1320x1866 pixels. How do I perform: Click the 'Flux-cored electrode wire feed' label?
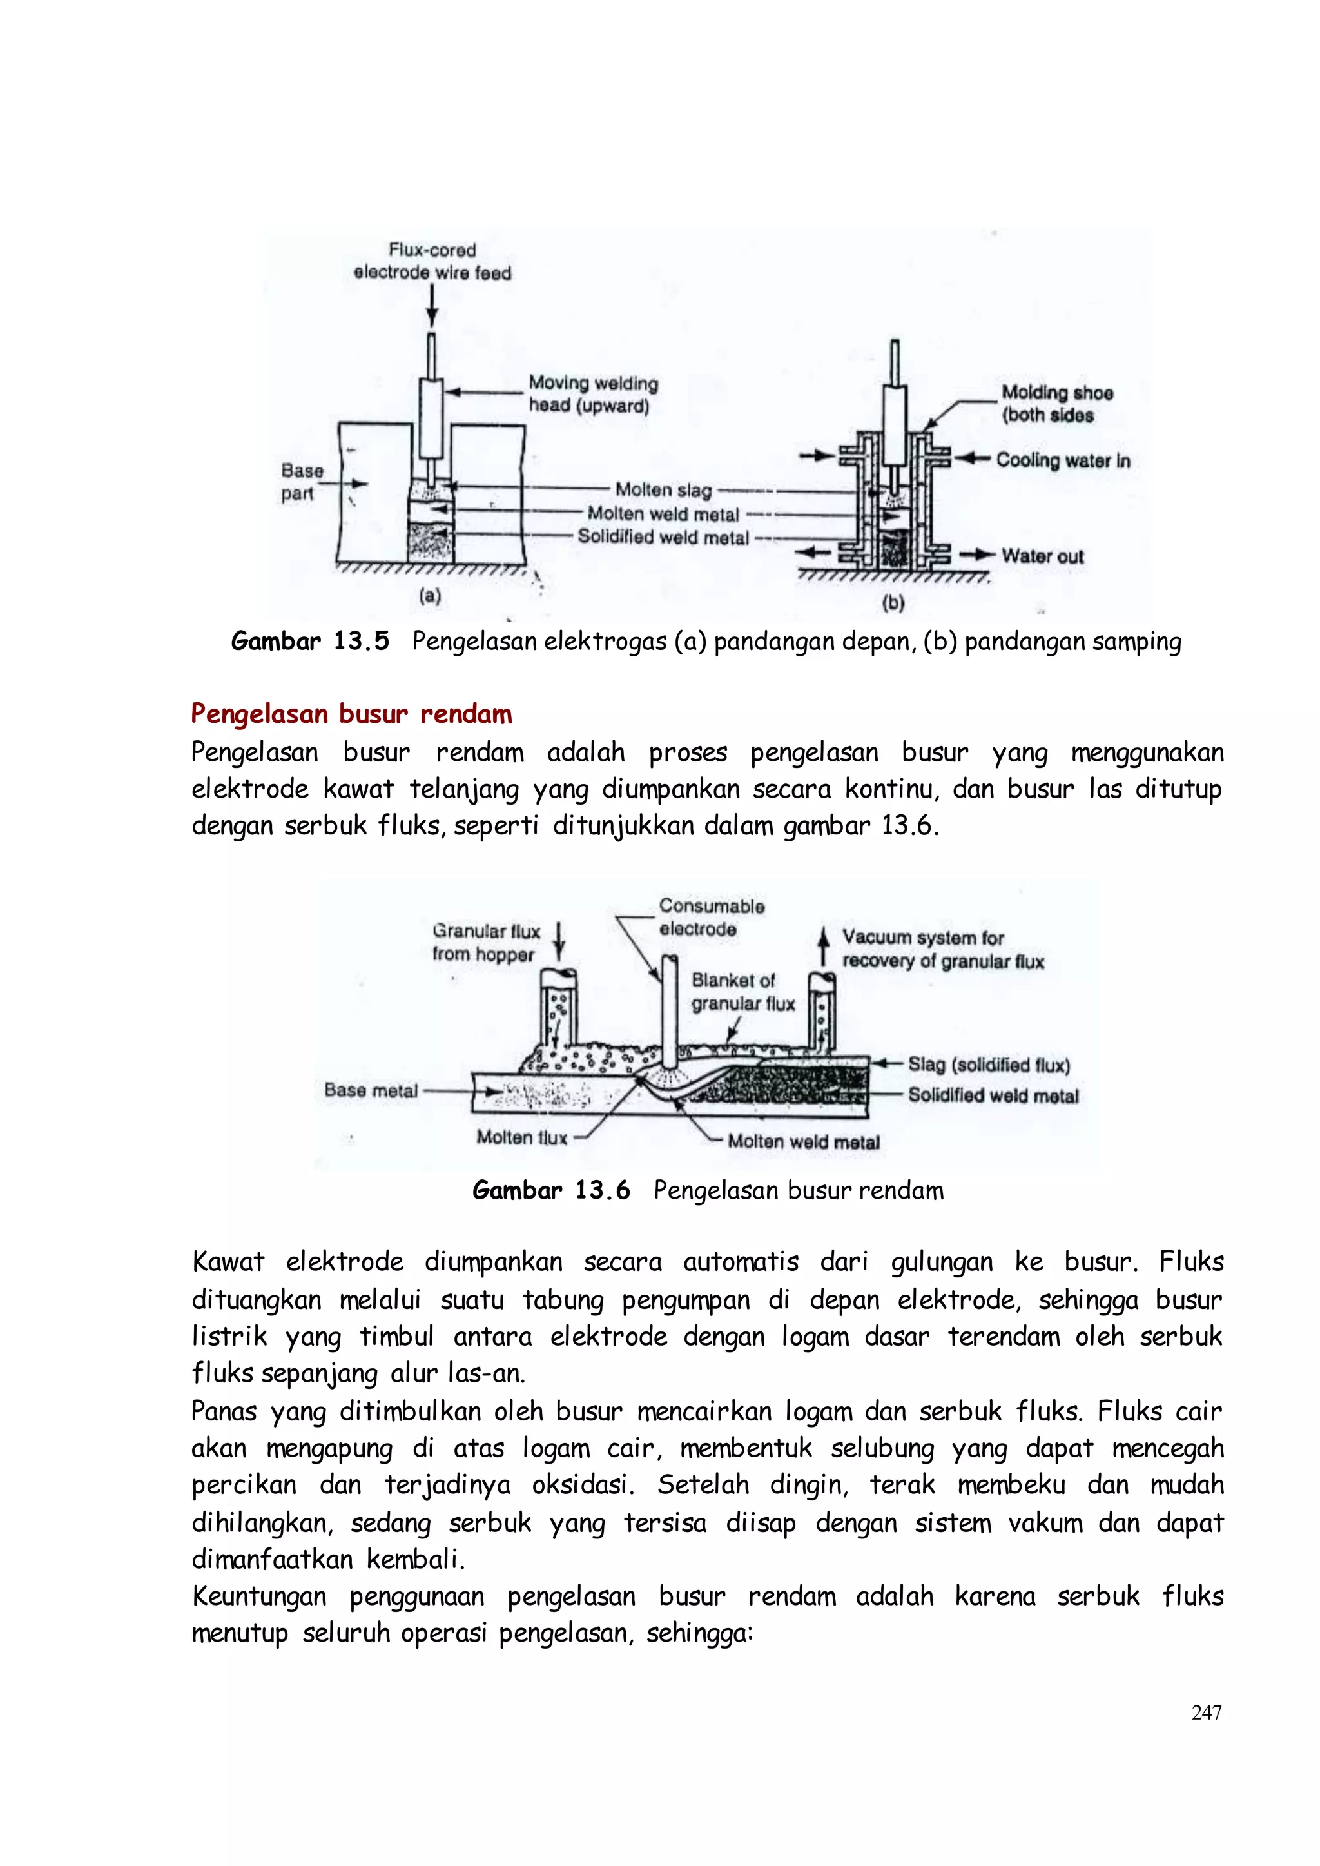432,261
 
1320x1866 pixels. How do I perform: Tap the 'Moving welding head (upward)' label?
592,395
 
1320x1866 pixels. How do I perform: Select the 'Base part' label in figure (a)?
302,482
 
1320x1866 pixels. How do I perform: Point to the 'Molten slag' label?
663,490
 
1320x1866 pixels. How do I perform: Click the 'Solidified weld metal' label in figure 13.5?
663,538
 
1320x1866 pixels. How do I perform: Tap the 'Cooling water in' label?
1062,460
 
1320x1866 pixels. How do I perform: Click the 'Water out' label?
1043,556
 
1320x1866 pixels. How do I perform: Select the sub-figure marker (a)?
430,596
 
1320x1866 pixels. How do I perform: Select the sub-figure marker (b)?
893,602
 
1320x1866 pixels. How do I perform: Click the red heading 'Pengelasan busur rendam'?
351,714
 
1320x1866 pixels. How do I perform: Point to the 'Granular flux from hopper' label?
485,943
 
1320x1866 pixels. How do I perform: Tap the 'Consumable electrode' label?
711,917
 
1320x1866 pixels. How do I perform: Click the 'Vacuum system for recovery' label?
942,950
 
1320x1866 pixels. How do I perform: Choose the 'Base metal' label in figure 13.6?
371,1090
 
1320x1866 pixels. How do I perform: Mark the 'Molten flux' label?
521,1137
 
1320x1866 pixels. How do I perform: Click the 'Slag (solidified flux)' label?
988,1065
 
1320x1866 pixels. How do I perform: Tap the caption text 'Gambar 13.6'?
551,1190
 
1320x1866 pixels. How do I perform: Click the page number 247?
1206,1713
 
